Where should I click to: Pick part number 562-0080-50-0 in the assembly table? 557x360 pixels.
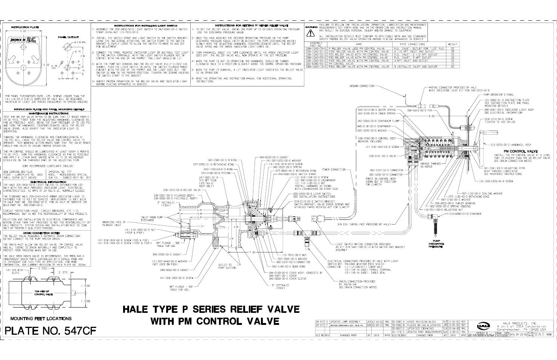click(x=316, y=63)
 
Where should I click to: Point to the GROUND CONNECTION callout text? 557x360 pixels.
click(x=361, y=86)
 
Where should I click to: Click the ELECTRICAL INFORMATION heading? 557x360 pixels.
click(x=45, y=182)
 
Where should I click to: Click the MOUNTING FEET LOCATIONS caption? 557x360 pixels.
click(x=36, y=318)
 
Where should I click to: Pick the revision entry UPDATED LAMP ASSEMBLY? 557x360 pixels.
click(x=343, y=321)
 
